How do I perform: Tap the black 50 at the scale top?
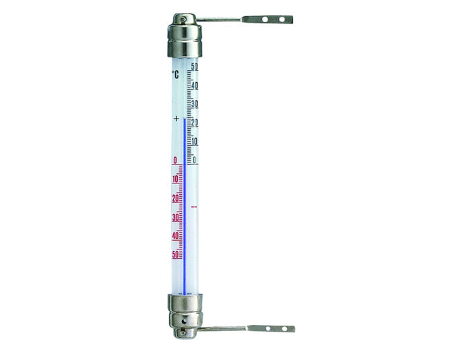tap(195, 67)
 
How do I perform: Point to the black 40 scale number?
tap(195, 86)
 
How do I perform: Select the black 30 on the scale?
tap(195, 104)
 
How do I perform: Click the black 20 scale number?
tap(195, 123)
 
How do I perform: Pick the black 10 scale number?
tap(195, 142)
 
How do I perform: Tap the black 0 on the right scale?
tap(195, 160)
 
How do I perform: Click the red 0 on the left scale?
tap(175, 160)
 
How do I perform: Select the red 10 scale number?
tap(174, 179)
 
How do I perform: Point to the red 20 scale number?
tap(174, 198)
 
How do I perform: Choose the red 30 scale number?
tap(174, 217)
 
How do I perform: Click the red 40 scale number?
tap(174, 236)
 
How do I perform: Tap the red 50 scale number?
tap(174, 255)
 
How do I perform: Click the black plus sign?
tap(176, 119)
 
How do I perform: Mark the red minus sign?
tap(195, 206)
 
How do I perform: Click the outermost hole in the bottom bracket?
tap(285, 329)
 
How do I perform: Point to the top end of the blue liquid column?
tap(185, 120)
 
